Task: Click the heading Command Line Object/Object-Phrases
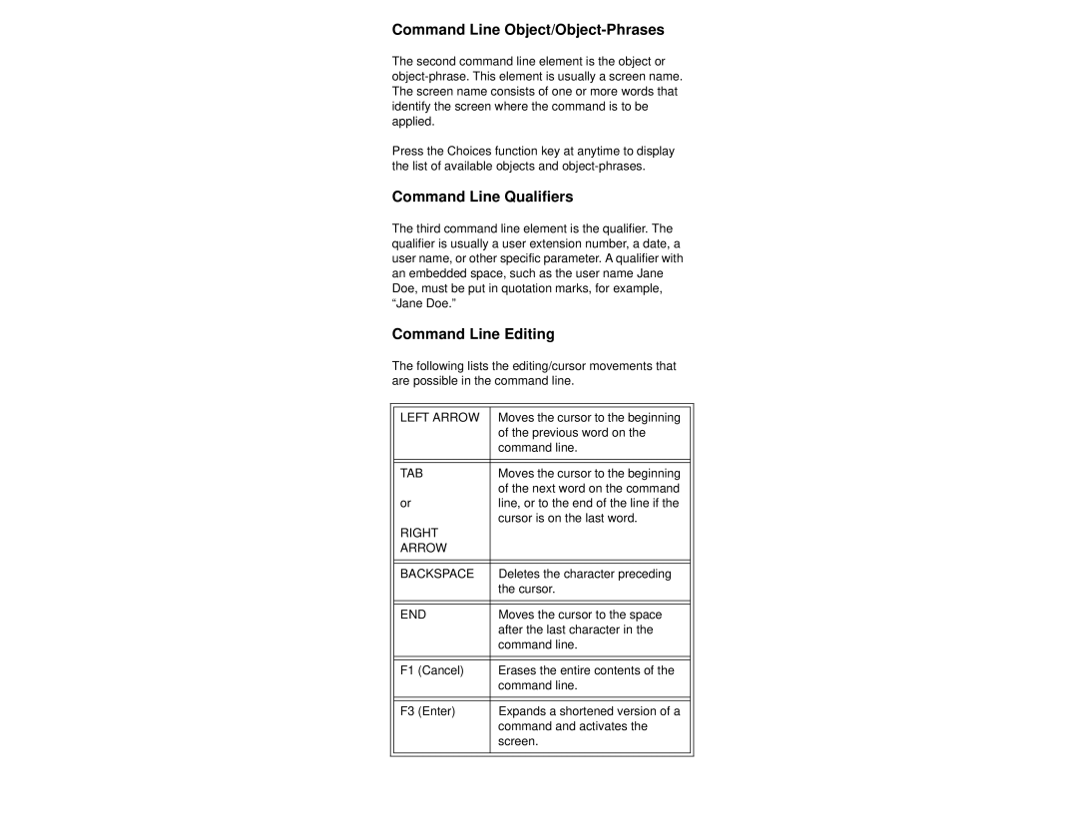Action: pyautogui.click(x=528, y=30)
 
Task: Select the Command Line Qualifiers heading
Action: pyautogui.click(x=482, y=197)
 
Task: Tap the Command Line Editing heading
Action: pyautogui.click(x=473, y=334)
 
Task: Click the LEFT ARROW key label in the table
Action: pyautogui.click(x=439, y=417)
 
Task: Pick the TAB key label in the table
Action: pyautogui.click(x=413, y=473)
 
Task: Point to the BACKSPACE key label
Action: pyautogui.click(x=437, y=574)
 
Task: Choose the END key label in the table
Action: pyautogui.click(x=413, y=615)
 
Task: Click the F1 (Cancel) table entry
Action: pyautogui.click(x=432, y=670)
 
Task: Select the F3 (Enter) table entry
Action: pyautogui.click(x=428, y=711)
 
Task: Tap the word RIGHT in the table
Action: pyautogui.click(x=419, y=533)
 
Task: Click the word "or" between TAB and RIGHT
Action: pyautogui.click(x=406, y=503)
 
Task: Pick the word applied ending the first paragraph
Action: pyautogui.click(x=413, y=122)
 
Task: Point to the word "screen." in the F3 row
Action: pyautogui.click(x=518, y=742)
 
